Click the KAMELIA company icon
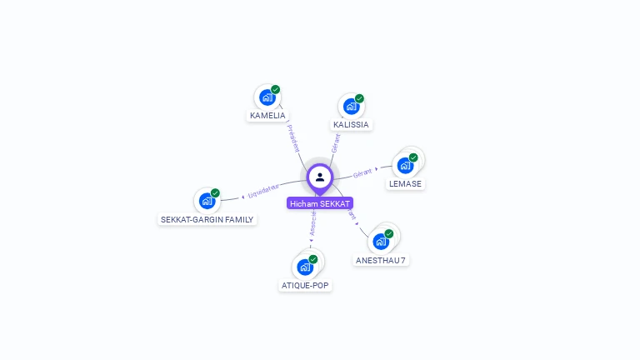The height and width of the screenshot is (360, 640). click(267, 97)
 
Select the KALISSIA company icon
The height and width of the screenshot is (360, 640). click(351, 106)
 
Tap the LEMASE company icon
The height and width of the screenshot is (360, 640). click(405, 165)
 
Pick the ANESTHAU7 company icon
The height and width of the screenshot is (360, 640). click(381, 242)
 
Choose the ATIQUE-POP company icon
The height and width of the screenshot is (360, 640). click(304, 267)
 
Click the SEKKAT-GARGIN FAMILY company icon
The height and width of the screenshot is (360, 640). click(207, 201)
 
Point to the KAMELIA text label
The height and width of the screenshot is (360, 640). click(267, 116)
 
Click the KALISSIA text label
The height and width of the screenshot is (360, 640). click(351, 125)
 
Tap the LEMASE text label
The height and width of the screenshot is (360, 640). click(405, 183)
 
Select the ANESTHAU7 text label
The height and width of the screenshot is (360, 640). click(381, 260)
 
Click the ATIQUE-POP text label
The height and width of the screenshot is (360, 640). click(305, 286)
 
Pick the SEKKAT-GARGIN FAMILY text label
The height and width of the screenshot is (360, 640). click(207, 220)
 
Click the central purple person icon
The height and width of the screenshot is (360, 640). click(320, 177)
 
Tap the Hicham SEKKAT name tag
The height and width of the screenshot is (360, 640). click(320, 203)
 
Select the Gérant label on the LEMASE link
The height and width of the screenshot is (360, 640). click(362, 173)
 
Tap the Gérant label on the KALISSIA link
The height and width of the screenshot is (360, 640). click(335, 143)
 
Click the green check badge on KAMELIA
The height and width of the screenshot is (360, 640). click(275, 90)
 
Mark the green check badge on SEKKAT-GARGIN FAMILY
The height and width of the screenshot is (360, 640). click(215, 193)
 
